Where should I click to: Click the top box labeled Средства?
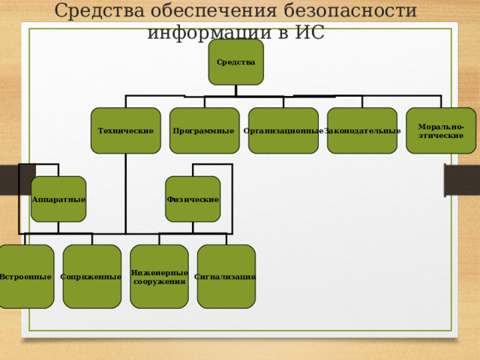[x=236, y=61]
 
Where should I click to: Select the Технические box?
[x=126, y=130]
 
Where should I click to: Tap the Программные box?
[x=204, y=130]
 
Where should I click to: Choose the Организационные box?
[x=283, y=130]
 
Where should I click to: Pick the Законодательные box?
[x=362, y=130]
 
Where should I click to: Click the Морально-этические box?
[x=441, y=130]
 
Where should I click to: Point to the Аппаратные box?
[x=58, y=199]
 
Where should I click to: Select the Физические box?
[x=193, y=199]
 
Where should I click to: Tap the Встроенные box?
[x=26, y=277]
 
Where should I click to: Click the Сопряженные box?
[x=91, y=277]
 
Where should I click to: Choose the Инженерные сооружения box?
[x=159, y=277]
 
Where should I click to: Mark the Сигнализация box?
[x=226, y=277]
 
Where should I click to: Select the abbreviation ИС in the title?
[x=309, y=33]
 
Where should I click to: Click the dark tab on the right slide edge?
[x=461, y=180]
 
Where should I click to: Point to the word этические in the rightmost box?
[x=441, y=136]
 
